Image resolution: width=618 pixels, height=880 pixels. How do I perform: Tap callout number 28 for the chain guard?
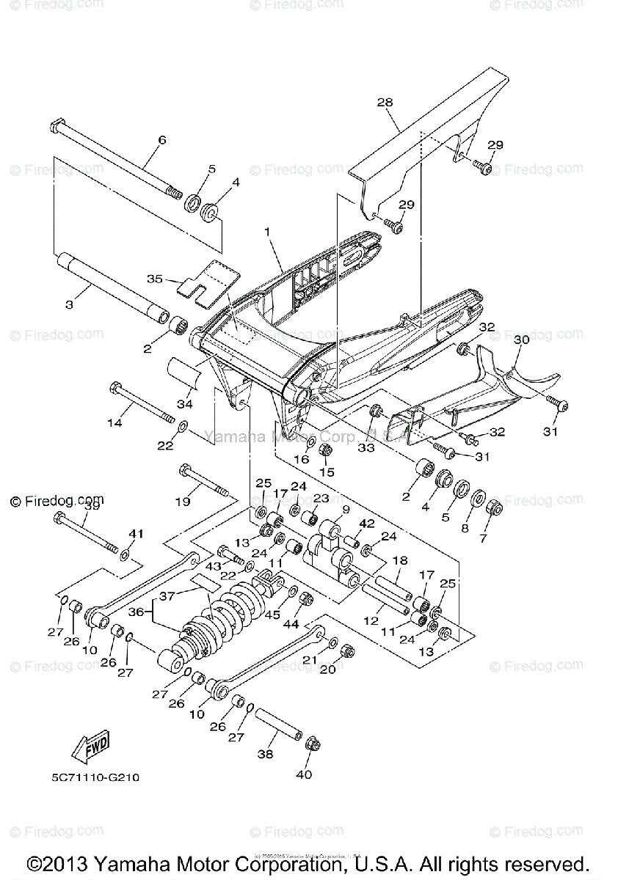tap(385, 103)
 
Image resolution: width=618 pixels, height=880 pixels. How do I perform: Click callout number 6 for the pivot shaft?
tap(161, 140)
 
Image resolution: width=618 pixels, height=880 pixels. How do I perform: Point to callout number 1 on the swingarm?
tap(268, 232)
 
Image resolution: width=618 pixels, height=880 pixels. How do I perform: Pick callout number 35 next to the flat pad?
tap(154, 279)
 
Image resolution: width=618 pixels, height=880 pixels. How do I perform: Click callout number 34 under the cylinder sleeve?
tap(183, 404)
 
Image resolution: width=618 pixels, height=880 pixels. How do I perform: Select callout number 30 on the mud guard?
tap(521, 340)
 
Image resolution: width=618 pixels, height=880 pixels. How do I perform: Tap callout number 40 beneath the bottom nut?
tap(303, 774)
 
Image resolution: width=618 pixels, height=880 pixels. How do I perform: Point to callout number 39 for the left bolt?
tap(92, 506)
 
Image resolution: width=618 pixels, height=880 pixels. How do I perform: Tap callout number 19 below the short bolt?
tap(183, 502)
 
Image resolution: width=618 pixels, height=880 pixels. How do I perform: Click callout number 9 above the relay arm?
tap(345, 509)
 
